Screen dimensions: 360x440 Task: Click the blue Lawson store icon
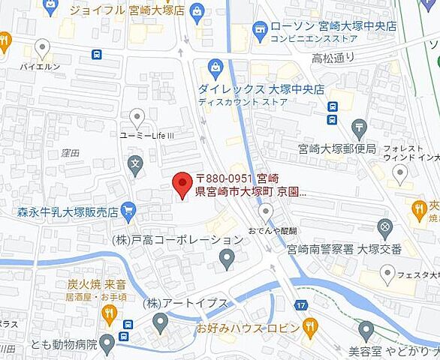pyautogui.click(x=260, y=30)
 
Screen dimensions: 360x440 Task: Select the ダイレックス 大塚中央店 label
pyautogui.click(x=261, y=88)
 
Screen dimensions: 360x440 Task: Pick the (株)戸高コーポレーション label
pyautogui.click(x=178, y=240)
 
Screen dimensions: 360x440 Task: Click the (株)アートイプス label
pyautogui.click(x=185, y=303)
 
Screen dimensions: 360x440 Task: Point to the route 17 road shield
pyautogui.click(x=302, y=305)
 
